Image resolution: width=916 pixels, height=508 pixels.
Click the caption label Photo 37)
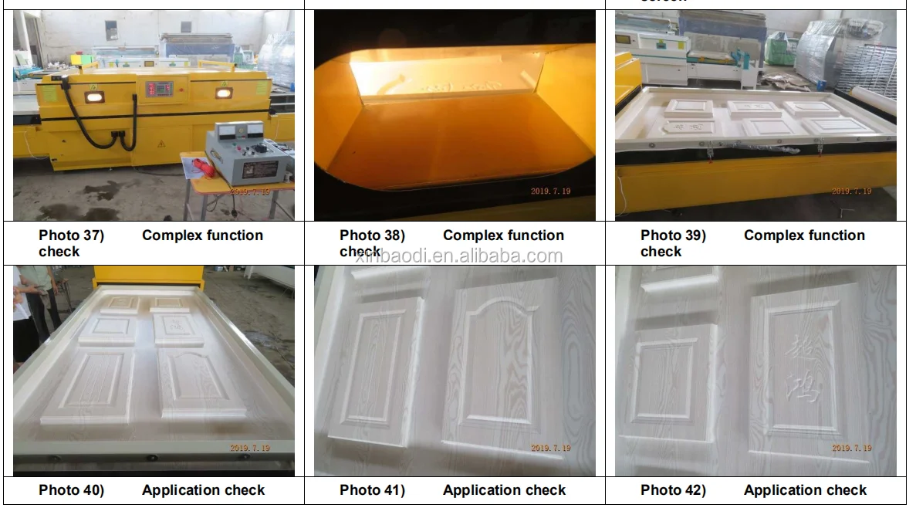[x=71, y=235]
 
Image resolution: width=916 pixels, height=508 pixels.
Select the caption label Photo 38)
[x=372, y=235]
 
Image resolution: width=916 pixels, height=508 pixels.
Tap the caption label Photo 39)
[x=673, y=235]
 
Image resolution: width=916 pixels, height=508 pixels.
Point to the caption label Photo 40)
[x=71, y=490]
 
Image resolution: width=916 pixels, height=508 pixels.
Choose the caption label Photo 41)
[x=372, y=490]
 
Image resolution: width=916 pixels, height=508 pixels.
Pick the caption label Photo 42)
[x=673, y=490]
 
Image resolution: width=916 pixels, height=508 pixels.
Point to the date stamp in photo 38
[x=550, y=191]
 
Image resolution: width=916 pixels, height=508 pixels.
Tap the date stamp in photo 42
[x=851, y=448]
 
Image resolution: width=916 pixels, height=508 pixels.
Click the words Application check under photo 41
[x=504, y=490]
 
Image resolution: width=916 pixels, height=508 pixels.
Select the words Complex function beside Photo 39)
[x=804, y=235]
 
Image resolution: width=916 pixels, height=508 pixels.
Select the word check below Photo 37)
[x=59, y=252]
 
